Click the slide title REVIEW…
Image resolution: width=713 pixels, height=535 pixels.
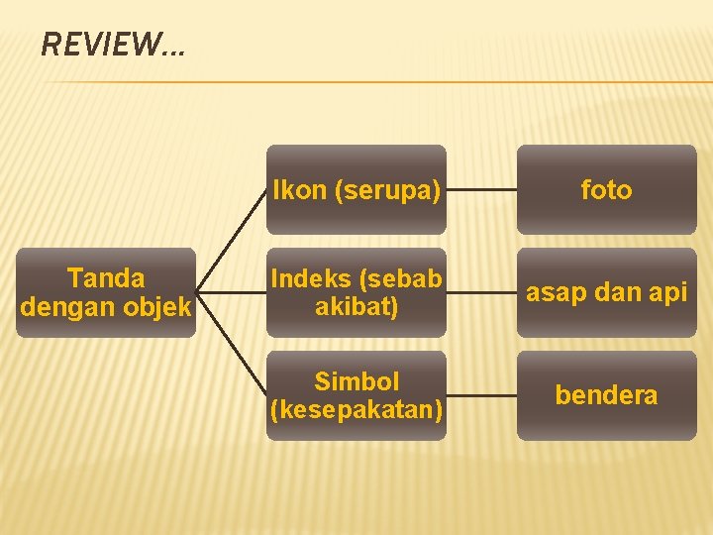(112, 45)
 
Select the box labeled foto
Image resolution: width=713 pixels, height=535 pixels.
(606, 189)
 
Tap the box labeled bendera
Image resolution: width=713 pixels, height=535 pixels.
(606, 395)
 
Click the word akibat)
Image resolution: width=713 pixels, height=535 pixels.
(356, 307)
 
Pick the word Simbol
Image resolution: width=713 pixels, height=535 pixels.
(356, 381)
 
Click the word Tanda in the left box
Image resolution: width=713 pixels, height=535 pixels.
(105, 278)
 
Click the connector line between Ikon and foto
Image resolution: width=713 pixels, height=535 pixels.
(481, 189)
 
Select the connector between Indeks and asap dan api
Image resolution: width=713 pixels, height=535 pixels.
(481, 293)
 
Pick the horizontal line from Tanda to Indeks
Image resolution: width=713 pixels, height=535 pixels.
(232, 293)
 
